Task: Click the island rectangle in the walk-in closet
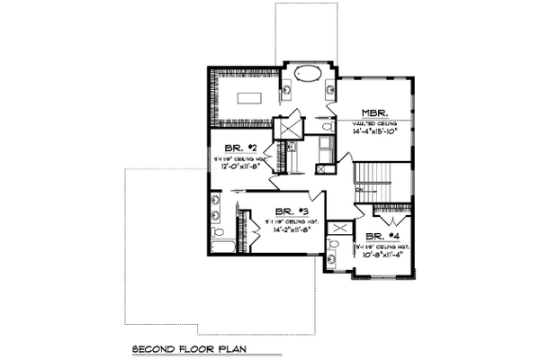[249, 97]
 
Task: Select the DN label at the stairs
[359, 190]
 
